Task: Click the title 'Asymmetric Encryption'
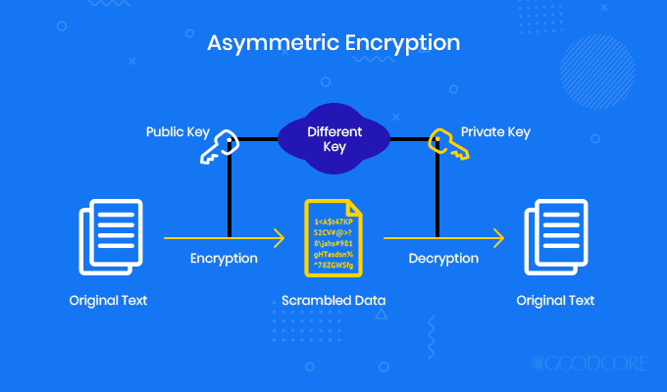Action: pos(333,44)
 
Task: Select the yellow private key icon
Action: pos(444,146)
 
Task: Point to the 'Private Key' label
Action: pos(496,130)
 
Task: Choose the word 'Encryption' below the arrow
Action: pos(224,259)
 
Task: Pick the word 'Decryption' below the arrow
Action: pos(443,259)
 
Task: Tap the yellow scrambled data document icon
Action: pos(333,236)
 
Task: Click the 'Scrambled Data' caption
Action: pos(333,300)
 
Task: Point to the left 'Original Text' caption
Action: pos(108,300)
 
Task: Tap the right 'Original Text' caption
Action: pos(557,300)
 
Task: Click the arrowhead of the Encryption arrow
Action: pos(280,237)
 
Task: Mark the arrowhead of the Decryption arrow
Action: pos(499,237)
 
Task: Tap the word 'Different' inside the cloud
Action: pos(333,130)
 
